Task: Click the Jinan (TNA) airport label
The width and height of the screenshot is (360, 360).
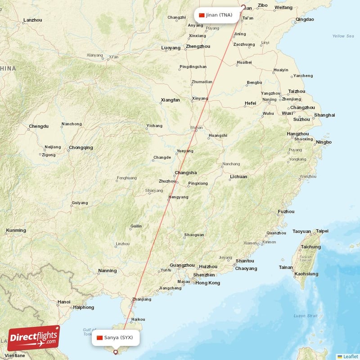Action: pos(216,15)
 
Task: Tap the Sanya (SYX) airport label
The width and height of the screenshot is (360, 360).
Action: pos(116,337)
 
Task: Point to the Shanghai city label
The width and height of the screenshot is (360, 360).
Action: pos(324,115)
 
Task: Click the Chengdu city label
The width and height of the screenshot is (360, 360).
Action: pos(38,126)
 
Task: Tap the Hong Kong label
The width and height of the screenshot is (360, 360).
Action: pos(207,283)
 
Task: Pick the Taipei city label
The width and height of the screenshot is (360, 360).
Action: pos(322,231)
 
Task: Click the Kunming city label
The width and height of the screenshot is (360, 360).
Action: pos(16,230)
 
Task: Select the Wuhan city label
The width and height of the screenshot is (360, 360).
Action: pos(196,128)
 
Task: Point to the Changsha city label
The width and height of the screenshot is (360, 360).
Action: pos(185,173)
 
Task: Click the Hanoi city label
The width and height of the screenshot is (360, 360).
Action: pos(63,301)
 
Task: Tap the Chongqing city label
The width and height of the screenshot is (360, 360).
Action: pos(81,148)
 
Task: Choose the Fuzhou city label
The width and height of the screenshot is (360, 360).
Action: pos(286,211)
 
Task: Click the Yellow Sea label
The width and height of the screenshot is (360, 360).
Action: pos(343,36)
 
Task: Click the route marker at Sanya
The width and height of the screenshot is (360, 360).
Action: pos(116,352)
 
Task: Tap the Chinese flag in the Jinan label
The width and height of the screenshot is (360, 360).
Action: pos(202,15)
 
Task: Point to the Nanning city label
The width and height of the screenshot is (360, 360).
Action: pos(107,271)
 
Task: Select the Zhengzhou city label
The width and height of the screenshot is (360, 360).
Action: pos(198,46)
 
